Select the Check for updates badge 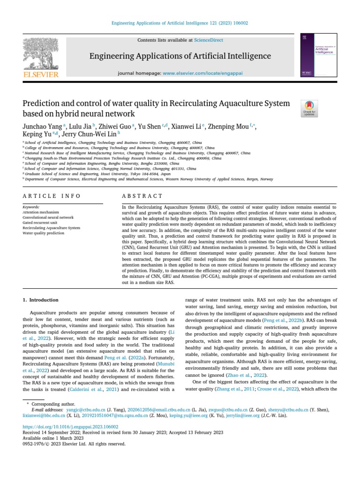coord(309,108)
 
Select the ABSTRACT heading coord(142,196)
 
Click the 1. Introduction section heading coord(41,300)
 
